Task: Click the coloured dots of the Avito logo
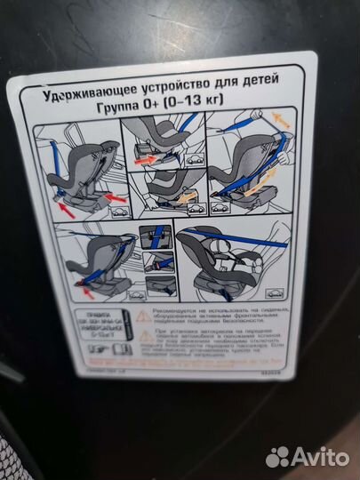pos(278,457)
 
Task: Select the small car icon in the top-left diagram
pos(118,214)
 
